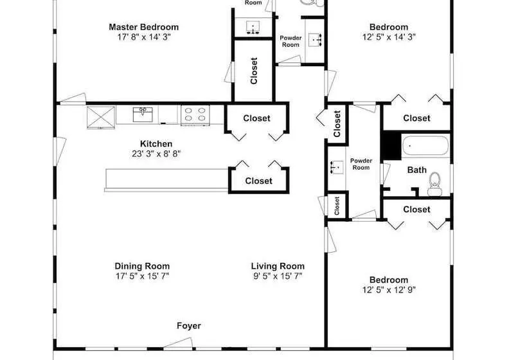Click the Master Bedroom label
tap(143, 27)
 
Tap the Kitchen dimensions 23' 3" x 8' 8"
tap(156, 154)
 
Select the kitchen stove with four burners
tap(195, 114)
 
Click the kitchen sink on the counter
tap(143, 114)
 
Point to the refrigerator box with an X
tap(101, 117)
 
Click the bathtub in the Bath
tap(425, 145)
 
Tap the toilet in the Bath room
tap(434, 184)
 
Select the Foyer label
tap(189, 326)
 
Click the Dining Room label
tap(142, 266)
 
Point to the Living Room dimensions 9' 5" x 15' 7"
tap(278, 276)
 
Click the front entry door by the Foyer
tap(178, 343)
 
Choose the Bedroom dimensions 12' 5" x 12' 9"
tap(389, 290)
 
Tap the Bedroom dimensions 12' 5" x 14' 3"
tap(389, 37)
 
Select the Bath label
tap(416, 170)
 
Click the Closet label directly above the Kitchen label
tap(257, 118)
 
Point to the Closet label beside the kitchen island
tap(258, 181)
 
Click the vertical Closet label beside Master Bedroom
tap(254, 71)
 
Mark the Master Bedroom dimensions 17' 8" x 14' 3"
tap(144, 37)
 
